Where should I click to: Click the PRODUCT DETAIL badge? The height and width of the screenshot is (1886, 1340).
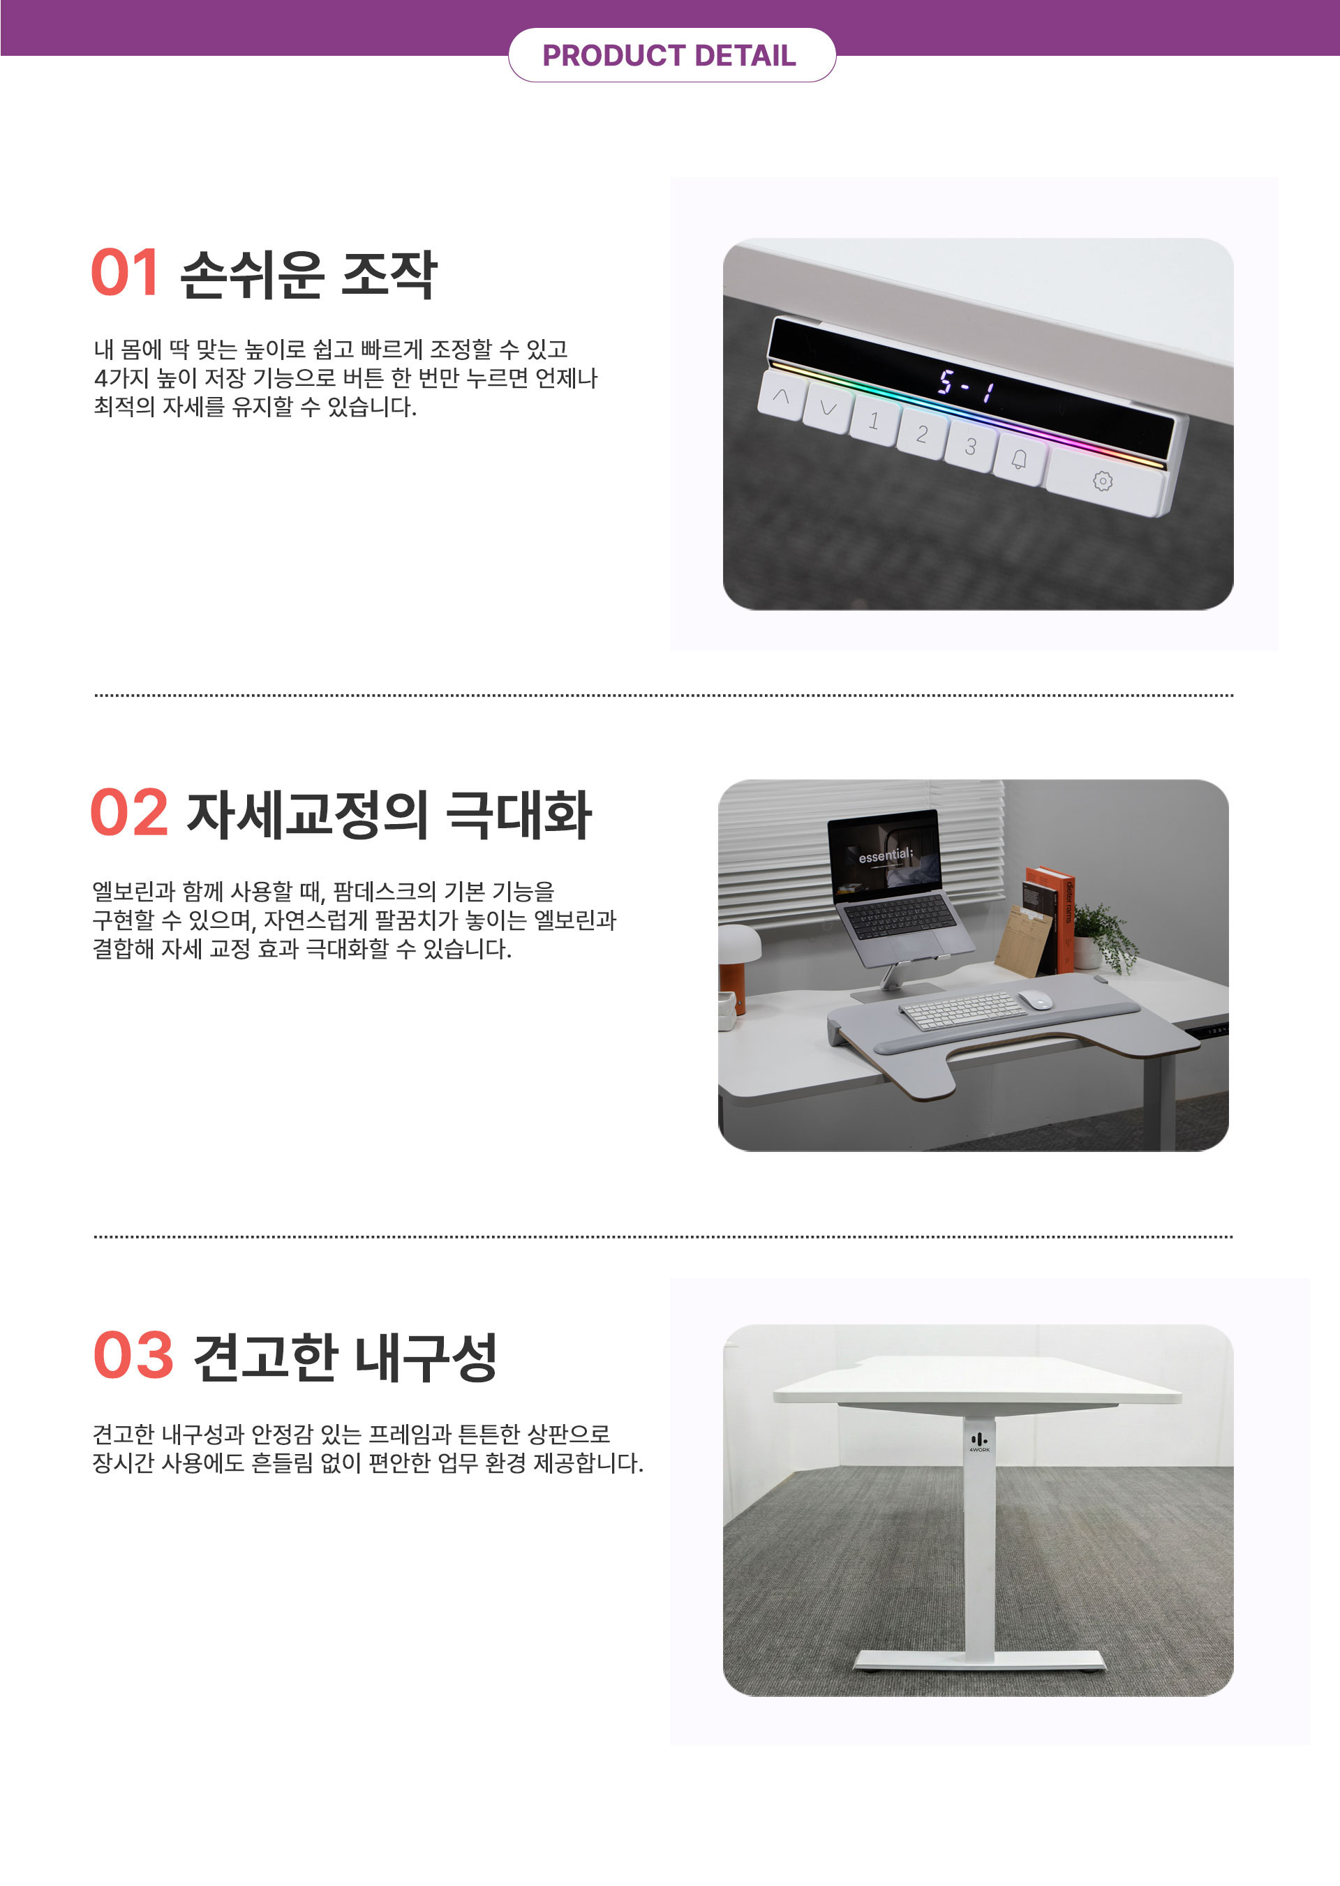[671, 55]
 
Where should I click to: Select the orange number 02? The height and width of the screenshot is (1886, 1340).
[128, 813]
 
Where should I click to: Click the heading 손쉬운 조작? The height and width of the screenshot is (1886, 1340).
[308, 274]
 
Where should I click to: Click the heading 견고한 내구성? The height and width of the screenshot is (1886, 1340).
[345, 1356]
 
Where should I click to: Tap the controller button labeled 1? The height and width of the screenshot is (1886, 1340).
[874, 421]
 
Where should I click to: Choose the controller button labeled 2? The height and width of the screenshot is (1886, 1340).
[922, 434]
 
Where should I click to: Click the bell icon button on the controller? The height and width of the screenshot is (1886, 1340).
[1020, 460]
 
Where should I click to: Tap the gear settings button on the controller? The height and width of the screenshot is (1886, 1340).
[1103, 482]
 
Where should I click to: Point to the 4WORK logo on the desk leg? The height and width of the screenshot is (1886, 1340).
[979, 1442]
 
